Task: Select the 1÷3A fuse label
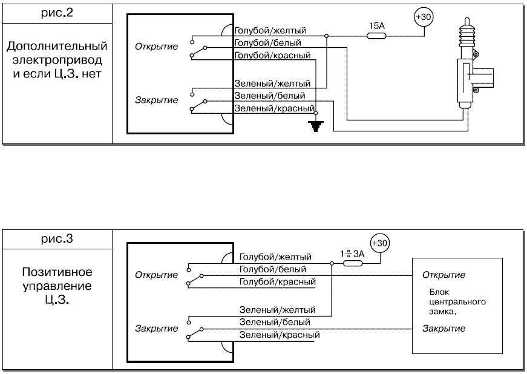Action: click(352, 254)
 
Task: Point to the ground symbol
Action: click(314, 126)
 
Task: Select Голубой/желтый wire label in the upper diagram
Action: click(270, 30)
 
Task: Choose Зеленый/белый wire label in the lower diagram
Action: click(275, 322)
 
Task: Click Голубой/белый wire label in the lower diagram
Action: click(273, 269)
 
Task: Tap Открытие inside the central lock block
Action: click(444, 275)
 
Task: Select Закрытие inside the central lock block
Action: click(444, 329)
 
